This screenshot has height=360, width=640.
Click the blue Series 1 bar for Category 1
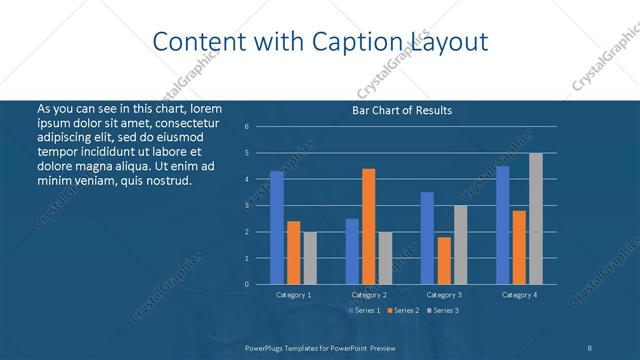(x=277, y=228)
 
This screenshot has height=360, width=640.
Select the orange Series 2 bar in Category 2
(x=369, y=227)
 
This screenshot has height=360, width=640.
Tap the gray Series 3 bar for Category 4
(x=536, y=219)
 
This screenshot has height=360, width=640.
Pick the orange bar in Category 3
(x=444, y=261)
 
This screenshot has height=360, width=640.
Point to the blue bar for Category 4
(x=502, y=225)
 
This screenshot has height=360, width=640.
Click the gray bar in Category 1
(x=310, y=258)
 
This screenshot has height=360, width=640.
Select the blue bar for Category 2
(x=352, y=252)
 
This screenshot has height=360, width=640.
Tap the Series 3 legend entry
(x=443, y=311)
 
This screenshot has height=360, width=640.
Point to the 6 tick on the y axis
(x=260, y=127)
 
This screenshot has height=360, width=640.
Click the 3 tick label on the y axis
(x=260, y=205)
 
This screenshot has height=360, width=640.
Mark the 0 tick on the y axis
(x=260, y=284)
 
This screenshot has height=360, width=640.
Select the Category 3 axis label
(x=444, y=295)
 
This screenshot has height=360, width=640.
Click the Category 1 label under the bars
(x=293, y=295)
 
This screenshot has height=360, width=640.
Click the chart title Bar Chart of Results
(x=402, y=110)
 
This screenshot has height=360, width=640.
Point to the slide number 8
(x=589, y=347)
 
